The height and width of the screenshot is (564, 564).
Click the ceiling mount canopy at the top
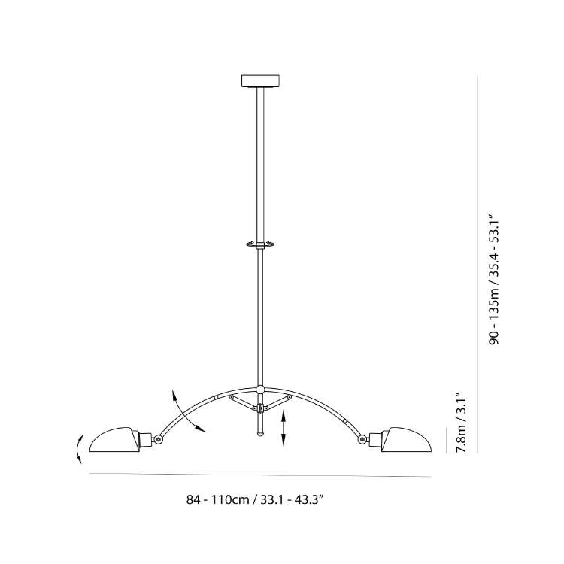(260, 81)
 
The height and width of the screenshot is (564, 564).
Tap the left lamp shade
(114, 440)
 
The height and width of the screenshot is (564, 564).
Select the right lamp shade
(407, 440)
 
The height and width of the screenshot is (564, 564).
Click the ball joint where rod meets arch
(260, 390)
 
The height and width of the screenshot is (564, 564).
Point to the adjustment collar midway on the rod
(260, 244)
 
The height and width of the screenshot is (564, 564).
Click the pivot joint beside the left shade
(158, 438)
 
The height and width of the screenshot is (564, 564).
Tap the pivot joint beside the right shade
(362, 438)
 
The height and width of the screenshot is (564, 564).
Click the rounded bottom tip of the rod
(260, 434)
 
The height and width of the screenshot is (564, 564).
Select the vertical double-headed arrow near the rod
(284, 428)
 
